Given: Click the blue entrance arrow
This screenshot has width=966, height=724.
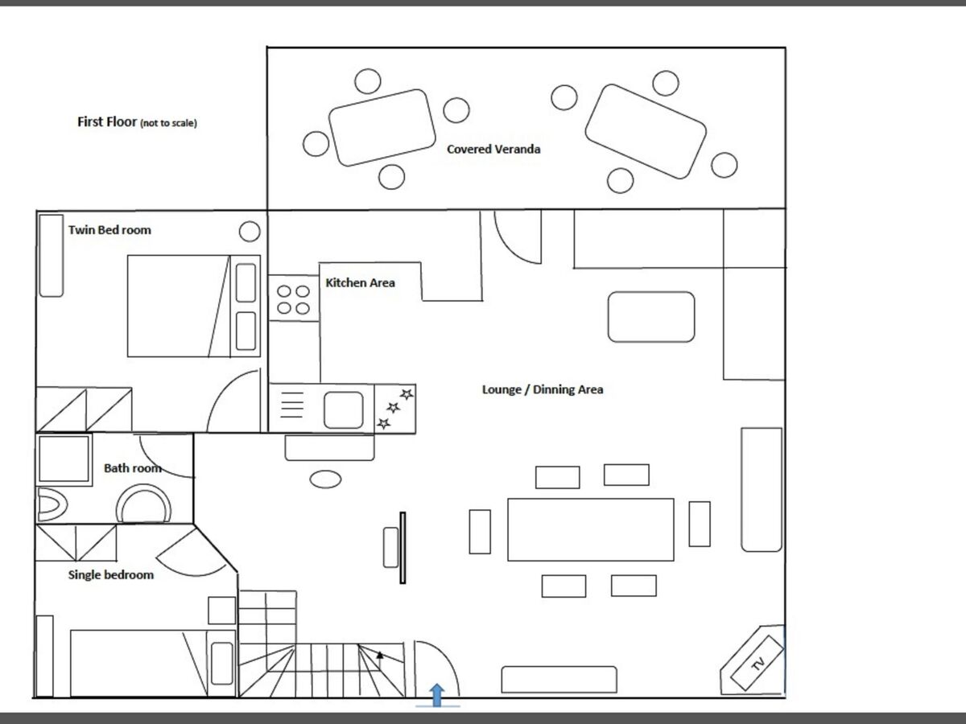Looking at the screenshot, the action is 436,695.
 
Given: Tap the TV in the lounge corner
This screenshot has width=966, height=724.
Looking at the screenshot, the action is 757,663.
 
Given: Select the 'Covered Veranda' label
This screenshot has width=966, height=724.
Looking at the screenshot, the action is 493,150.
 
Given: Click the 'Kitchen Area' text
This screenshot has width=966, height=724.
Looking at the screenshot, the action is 360,282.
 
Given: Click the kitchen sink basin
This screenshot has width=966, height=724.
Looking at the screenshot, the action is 344,409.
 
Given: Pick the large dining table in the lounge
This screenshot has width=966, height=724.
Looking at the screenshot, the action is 591,529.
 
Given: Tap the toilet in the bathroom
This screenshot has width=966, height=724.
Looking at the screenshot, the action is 52,504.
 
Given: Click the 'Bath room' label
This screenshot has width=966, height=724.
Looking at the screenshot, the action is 133,468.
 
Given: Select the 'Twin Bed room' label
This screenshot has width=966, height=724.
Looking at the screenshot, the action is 109,230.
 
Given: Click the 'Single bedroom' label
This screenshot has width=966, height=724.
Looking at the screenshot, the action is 111,575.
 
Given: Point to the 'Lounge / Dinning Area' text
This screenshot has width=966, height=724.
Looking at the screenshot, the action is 543,389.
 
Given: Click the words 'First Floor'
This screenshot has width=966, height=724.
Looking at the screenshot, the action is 107,121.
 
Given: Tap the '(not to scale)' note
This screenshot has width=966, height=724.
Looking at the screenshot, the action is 168,123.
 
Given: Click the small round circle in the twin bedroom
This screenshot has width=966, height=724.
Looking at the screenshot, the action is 250,231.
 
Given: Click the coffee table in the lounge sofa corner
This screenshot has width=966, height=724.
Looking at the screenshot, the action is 651,316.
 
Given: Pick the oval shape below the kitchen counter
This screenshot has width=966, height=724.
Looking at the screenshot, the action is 326,479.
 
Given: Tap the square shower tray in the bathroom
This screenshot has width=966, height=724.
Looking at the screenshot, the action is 64,459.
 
